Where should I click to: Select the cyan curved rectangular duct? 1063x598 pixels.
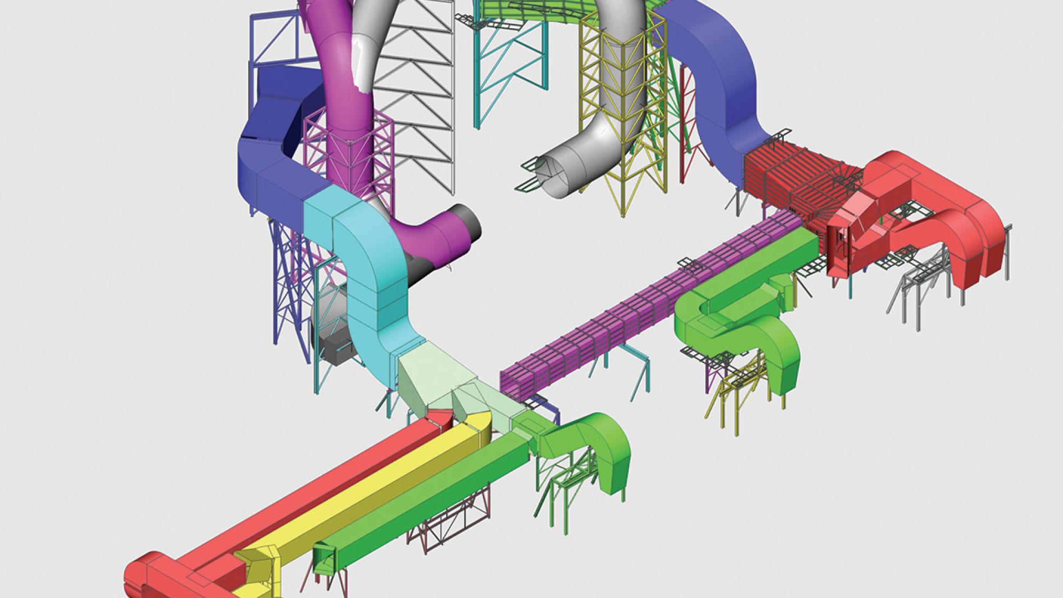[x=371, y=266]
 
